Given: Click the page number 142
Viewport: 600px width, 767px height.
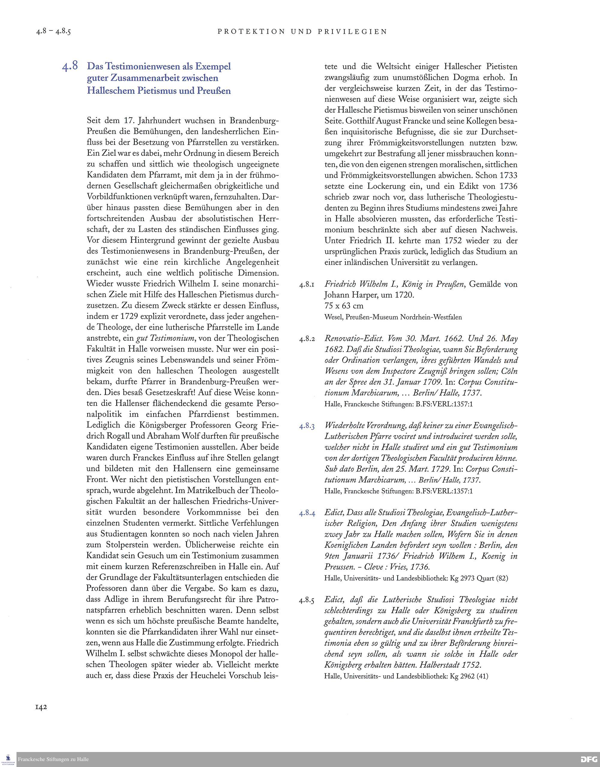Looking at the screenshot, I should click(x=41, y=707).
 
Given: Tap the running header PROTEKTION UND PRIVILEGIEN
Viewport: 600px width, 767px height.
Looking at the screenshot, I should click(x=302, y=32).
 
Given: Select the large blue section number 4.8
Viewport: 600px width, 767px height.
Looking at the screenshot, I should click(x=70, y=66).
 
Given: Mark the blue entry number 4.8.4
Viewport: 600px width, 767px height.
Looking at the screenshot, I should click(x=307, y=514).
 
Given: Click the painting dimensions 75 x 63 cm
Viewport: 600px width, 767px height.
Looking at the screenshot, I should click(x=344, y=306).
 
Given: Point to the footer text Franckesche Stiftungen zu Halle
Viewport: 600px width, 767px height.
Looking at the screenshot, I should click(x=53, y=759).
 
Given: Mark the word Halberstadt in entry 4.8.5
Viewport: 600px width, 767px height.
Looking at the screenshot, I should click(x=440, y=665).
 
